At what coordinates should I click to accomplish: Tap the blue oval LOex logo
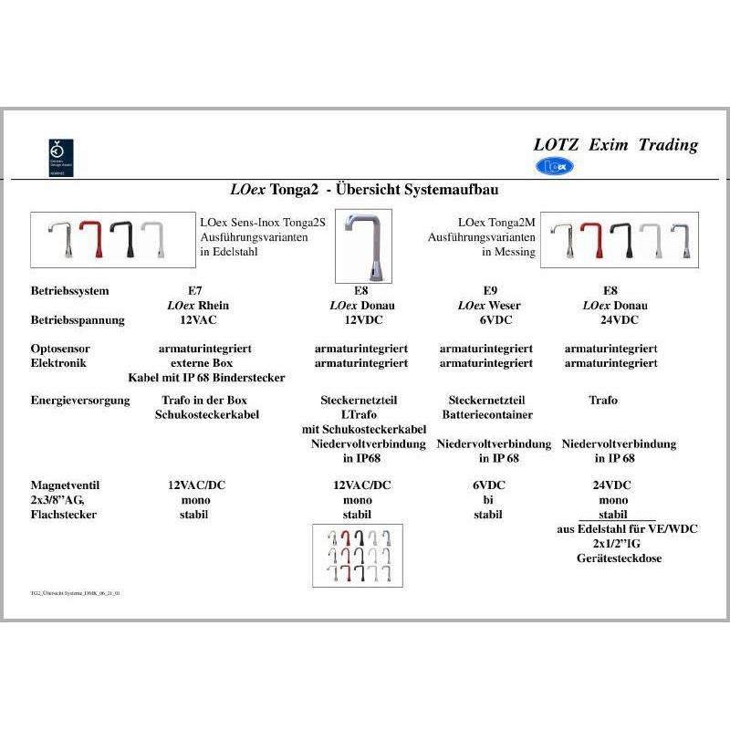point(555,166)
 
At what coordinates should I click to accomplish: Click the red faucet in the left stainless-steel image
point(90,240)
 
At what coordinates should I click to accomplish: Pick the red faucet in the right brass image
point(592,242)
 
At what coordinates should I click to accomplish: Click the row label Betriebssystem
point(69,291)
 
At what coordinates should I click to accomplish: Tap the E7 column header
point(193,291)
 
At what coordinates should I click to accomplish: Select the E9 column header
point(489,291)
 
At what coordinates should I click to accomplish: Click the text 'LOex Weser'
point(489,306)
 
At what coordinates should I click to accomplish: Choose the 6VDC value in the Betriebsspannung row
point(489,320)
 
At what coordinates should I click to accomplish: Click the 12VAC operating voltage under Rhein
point(193,320)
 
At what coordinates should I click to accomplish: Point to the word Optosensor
point(60,349)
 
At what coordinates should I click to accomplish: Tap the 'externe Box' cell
point(193,363)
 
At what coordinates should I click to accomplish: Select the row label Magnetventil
point(66,485)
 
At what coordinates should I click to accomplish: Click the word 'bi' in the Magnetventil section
point(486,500)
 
